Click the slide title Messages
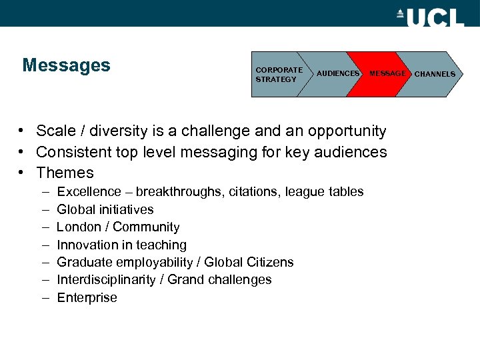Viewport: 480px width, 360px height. [x=66, y=65]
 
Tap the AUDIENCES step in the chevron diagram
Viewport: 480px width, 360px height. [x=337, y=74]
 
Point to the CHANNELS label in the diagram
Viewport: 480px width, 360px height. [x=435, y=74]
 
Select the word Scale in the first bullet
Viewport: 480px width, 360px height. [x=55, y=131]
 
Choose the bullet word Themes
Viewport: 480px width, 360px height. [x=65, y=173]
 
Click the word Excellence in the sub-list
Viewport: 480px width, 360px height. [x=89, y=192]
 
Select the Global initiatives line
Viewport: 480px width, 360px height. [x=105, y=209]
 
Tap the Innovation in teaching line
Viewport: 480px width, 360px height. [x=121, y=245]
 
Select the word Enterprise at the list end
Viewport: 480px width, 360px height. [x=87, y=297]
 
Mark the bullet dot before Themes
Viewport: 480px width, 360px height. [x=22, y=173]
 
